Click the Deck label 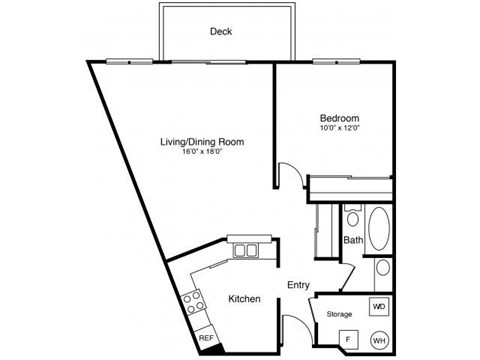pyautogui.click(x=221, y=31)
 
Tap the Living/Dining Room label pyautogui.click(x=202, y=142)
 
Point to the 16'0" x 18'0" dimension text pyautogui.click(x=202, y=154)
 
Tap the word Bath pyautogui.click(x=353, y=240)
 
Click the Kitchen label pyautogui.click(x=245, y=299)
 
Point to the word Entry pyautogui.click(x=298, y=285)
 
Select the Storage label pyautogui.click(x=340, y=314)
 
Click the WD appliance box pyautogui.click(x=379, y=305)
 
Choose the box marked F pyautogui.click(x=349, y=337)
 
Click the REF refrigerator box pyautogui.click(x=208, y=338)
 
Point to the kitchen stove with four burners pyautogui.click(x=194, y=299)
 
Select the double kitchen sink pyautogui.click(x=245, y=250)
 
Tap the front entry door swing pyautogui.click(x=295, y=328)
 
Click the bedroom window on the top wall pyautogui.click(x=328, y=61)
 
